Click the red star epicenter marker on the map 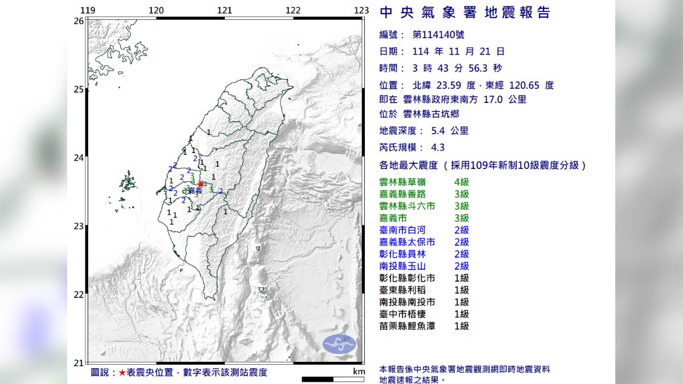200,184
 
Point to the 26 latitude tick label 79,21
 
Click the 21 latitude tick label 79,363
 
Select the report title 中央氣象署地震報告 464,13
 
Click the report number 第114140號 437,35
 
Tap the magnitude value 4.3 438,147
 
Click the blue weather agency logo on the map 339,344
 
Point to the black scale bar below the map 324,379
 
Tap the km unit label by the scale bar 358,371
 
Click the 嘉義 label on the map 195,191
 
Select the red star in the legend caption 122,373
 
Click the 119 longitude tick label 88,10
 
